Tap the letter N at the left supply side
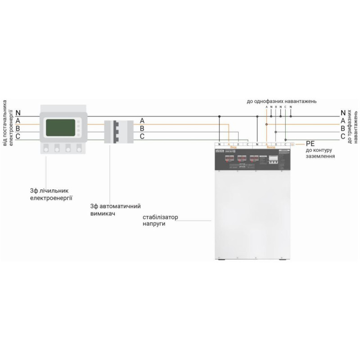tap(18, 112)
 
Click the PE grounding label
tap(310, 144)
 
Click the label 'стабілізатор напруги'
tap(160, 220)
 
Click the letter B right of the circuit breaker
tap(142, 129)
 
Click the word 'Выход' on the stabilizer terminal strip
tap(270, 147)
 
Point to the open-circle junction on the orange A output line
tap(266, 125)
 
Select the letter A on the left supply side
tap(18, 121)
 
